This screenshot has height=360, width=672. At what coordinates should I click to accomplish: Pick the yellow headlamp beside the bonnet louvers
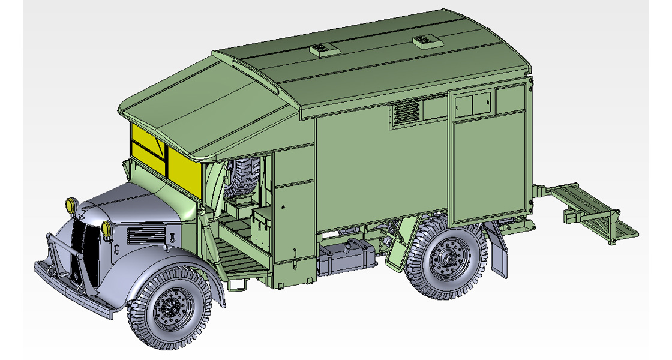pos(107,227)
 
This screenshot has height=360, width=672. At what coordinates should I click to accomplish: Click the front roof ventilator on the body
pos(321,48)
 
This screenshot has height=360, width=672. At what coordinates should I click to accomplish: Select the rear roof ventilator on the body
pos(425,40)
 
